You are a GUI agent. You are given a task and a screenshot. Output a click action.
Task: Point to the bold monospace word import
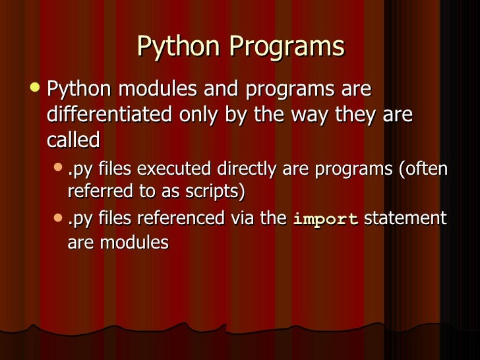(x=325, y=219)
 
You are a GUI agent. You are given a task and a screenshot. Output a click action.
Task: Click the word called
(x=73, y=140)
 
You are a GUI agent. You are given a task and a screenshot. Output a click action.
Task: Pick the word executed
(x=173, y=169)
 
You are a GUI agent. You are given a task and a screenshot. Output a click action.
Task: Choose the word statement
(x=405, y=218)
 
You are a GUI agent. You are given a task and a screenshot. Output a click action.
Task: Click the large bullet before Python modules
(x=35, y=88)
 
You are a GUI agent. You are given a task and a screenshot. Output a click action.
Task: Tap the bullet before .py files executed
(x=58, y=169)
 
